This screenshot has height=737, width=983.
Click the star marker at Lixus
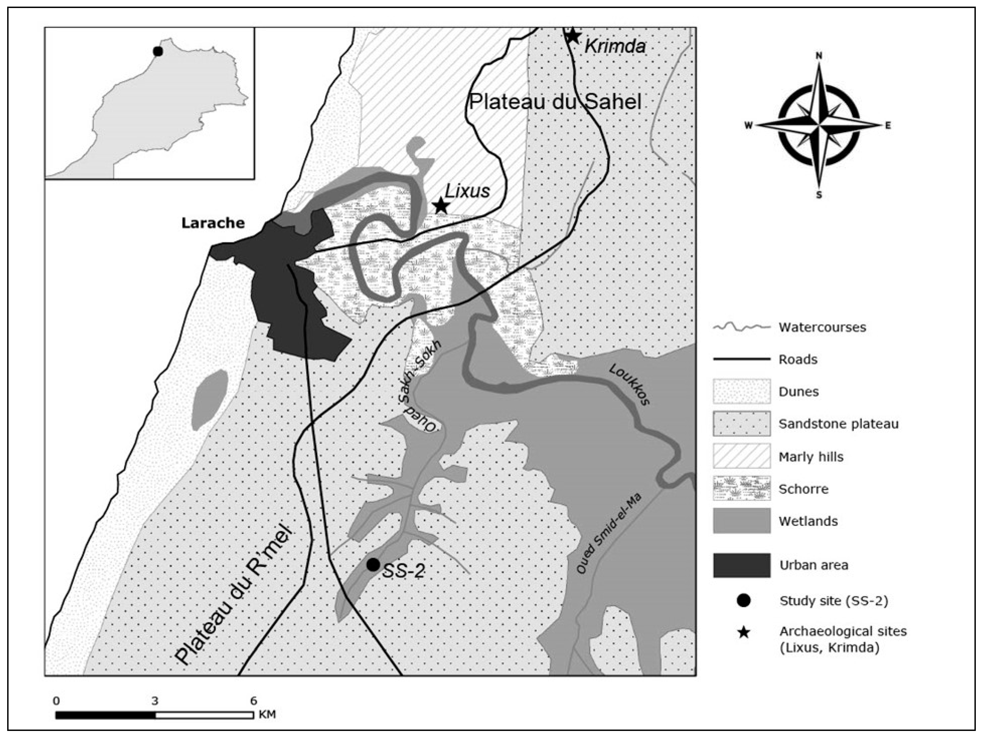440,206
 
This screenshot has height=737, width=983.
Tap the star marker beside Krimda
572,36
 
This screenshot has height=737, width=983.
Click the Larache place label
213,223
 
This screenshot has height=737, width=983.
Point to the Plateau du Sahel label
556,102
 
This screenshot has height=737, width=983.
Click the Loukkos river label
629,385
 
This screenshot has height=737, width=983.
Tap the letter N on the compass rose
819,55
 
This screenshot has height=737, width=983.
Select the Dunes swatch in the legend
742,392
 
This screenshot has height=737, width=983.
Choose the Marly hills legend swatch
742,456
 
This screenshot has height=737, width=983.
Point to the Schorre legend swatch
742,489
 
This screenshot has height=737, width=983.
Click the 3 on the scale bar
155,701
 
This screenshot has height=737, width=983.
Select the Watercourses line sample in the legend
742,327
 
